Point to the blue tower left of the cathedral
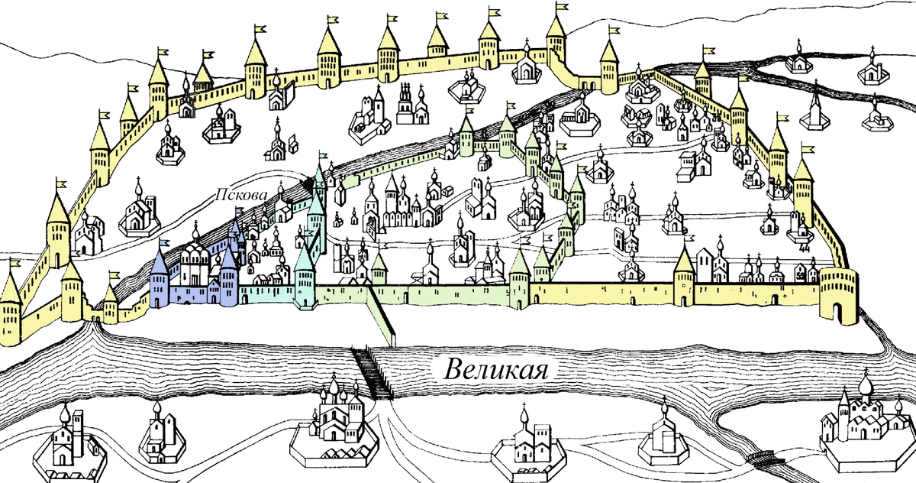tap(160, 279)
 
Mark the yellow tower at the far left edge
tap(11, 306)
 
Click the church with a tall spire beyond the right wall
tap(816, 112)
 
